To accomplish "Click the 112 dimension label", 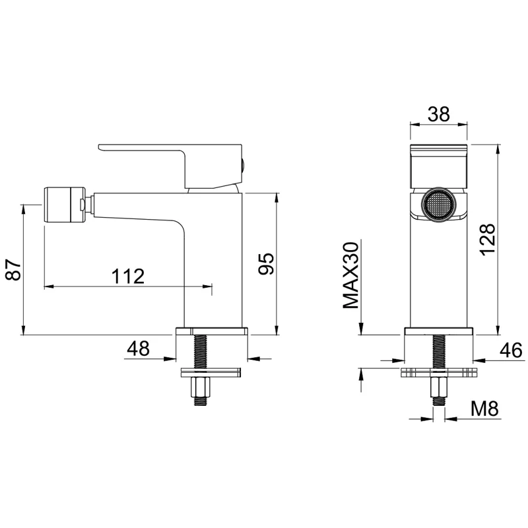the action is [128, 276].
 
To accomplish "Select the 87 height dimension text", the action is [14, 270].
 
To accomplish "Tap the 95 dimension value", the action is [267, 263].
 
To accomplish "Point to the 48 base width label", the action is [138, 348].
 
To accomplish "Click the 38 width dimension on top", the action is [439, 114].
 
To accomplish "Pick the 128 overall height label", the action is [488, 240].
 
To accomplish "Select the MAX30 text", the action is [351, 275].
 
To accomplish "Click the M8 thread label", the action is [484, 409].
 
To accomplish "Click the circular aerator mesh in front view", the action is [438, 205].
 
